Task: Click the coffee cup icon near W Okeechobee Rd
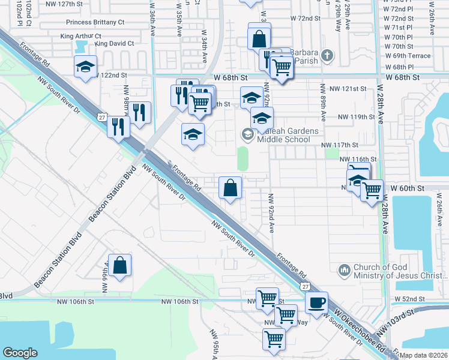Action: coord(316,302)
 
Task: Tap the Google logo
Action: coord(20,353)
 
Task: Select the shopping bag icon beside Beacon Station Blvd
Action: coord(120,265)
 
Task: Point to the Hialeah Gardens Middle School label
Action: coord(283,135)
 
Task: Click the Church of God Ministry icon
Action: coord(344,271)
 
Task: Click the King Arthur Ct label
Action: coord(81,36)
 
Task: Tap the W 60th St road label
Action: coord(407,188)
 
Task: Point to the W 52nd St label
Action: coord(409,299)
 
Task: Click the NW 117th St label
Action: coord(339,145)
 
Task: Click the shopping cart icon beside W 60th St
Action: coord(372,190)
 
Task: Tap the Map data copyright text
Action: coord(424,355)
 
